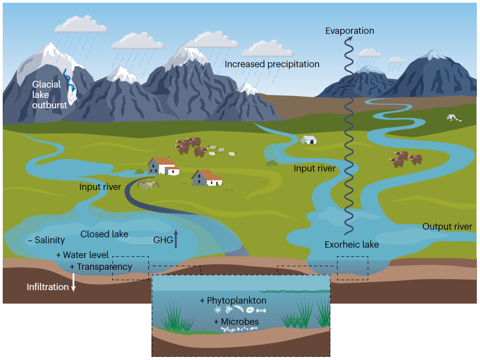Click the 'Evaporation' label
[x=350, y=31]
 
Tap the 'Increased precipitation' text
[x=272, y=64]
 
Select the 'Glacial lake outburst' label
[x=49, y=95]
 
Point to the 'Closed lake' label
[x=104, y=234]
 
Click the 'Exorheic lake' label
[x=352, y=245]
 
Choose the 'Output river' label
[x=447, y=226]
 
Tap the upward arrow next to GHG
[x=176, y=239]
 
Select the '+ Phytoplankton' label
[x=233, y=300]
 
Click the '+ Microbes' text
[x=236, y=322]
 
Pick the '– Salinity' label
[x=46, y=240]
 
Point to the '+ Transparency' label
[x=101, y=267]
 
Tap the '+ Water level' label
[x=82, y=255]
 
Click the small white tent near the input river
[x=309, y=140]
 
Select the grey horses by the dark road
[x=148, y=185]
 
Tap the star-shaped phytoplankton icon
[x=218, y=310]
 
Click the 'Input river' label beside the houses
[x=100, y=186]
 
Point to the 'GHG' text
[x=163, y=240]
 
